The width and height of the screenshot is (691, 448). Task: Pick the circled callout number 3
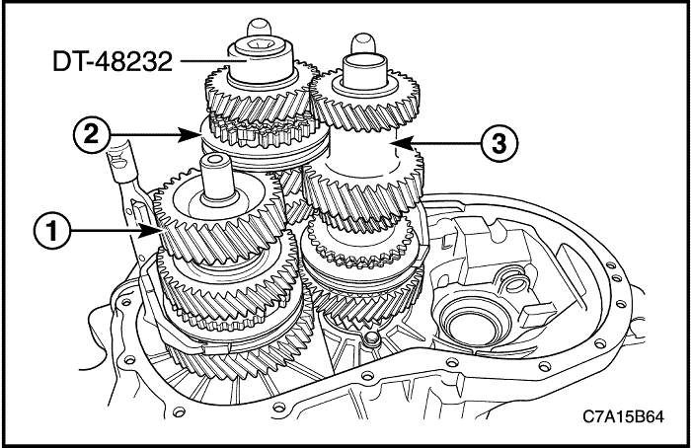pos(499,143)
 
